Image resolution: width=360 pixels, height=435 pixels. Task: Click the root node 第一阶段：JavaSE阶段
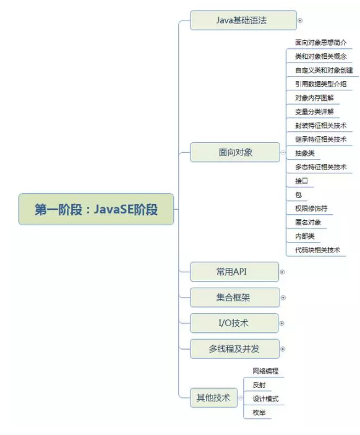[96, 209]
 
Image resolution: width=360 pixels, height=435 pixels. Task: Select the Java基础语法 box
[243, 20]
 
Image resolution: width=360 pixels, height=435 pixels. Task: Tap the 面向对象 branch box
[235, 152]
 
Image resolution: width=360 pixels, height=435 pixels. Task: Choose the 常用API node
[234, 272]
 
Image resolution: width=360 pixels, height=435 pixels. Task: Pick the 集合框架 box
[235, 298]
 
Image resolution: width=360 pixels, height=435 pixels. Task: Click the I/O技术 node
[234, 323]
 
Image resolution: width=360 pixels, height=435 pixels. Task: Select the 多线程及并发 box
[234, 349]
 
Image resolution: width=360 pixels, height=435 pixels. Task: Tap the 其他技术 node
[213, 397]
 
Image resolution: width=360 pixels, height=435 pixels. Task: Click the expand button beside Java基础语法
[300, 20]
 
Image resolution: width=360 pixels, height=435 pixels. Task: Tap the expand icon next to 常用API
[282, 272]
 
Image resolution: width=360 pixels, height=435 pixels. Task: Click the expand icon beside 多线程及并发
[283, 349]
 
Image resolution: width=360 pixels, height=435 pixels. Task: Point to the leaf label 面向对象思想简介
[320, 43]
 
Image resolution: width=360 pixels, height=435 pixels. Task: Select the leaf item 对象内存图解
[314, 98]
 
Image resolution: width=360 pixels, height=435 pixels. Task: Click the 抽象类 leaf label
[305, 153]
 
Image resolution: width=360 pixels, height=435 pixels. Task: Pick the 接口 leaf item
[301, 181]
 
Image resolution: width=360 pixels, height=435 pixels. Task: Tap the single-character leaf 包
[298, 195]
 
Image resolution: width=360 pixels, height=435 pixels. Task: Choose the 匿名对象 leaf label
[308, 222]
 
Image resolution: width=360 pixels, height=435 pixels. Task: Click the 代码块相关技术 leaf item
[317, 250]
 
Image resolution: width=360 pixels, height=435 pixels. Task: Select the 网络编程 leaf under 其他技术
[265, 371]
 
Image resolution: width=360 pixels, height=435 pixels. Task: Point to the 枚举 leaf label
[259, 413]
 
